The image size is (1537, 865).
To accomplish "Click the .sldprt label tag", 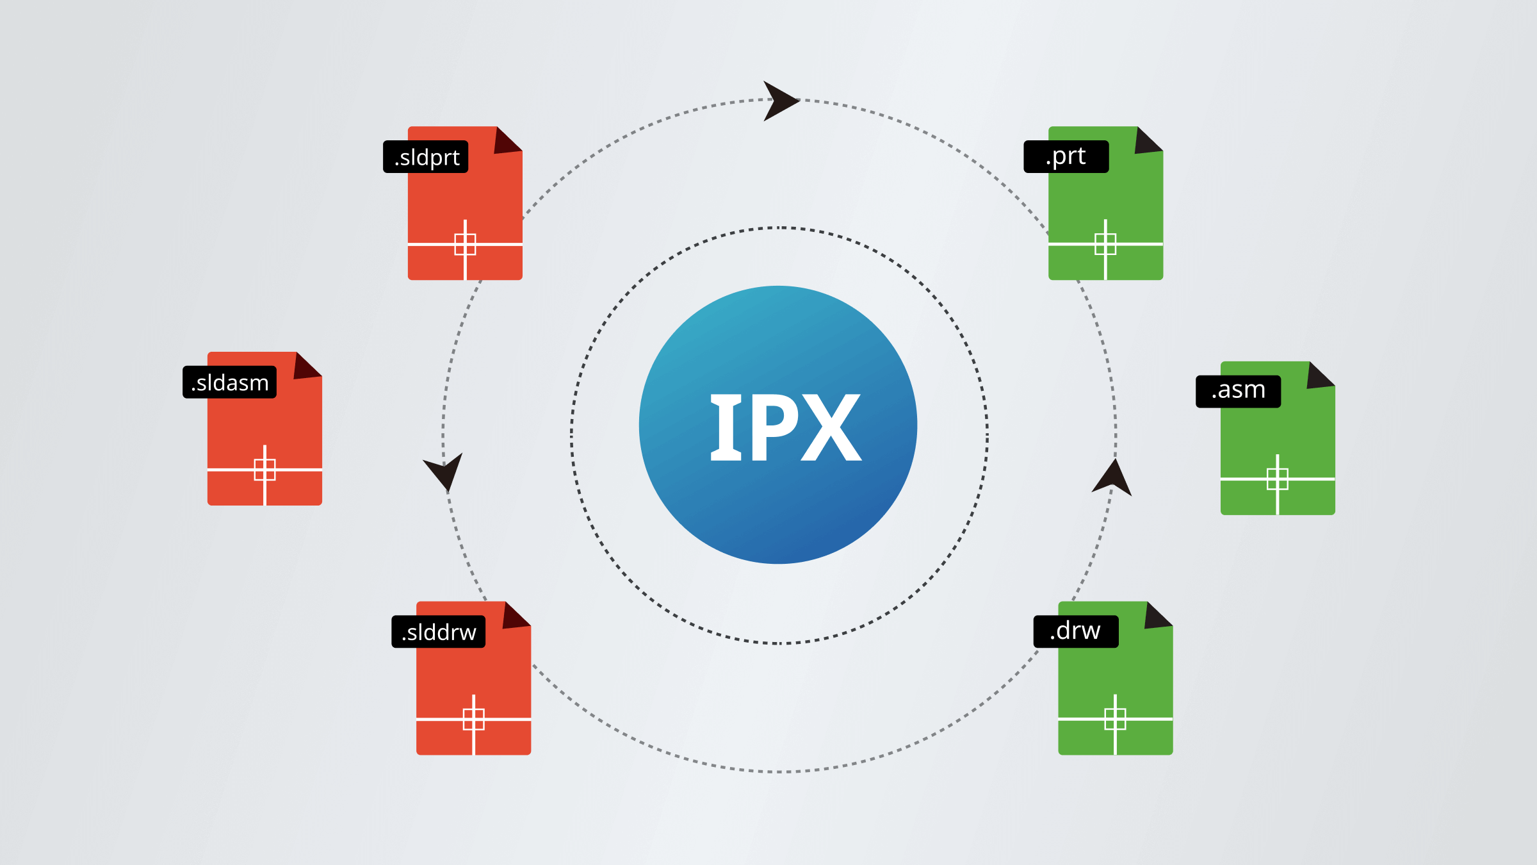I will (425, 157).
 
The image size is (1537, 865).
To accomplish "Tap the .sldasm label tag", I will (229, 383).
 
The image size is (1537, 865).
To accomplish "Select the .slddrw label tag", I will (438, 632).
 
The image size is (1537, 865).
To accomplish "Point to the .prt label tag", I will (1066, 157).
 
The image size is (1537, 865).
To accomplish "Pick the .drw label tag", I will (1075, 632).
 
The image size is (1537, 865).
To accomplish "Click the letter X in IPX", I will (831, 428).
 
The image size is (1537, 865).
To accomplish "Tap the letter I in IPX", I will (726, 428).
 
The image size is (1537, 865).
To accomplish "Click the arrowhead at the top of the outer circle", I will (779, 101).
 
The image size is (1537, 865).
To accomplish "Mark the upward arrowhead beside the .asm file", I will (1112, 479).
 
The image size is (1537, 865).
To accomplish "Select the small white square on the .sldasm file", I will (264, 470).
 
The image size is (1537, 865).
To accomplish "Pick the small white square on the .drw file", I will (1115, 719).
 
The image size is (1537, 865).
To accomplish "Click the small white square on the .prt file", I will (1105, 244).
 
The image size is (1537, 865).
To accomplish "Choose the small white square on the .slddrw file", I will (473, 719).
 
